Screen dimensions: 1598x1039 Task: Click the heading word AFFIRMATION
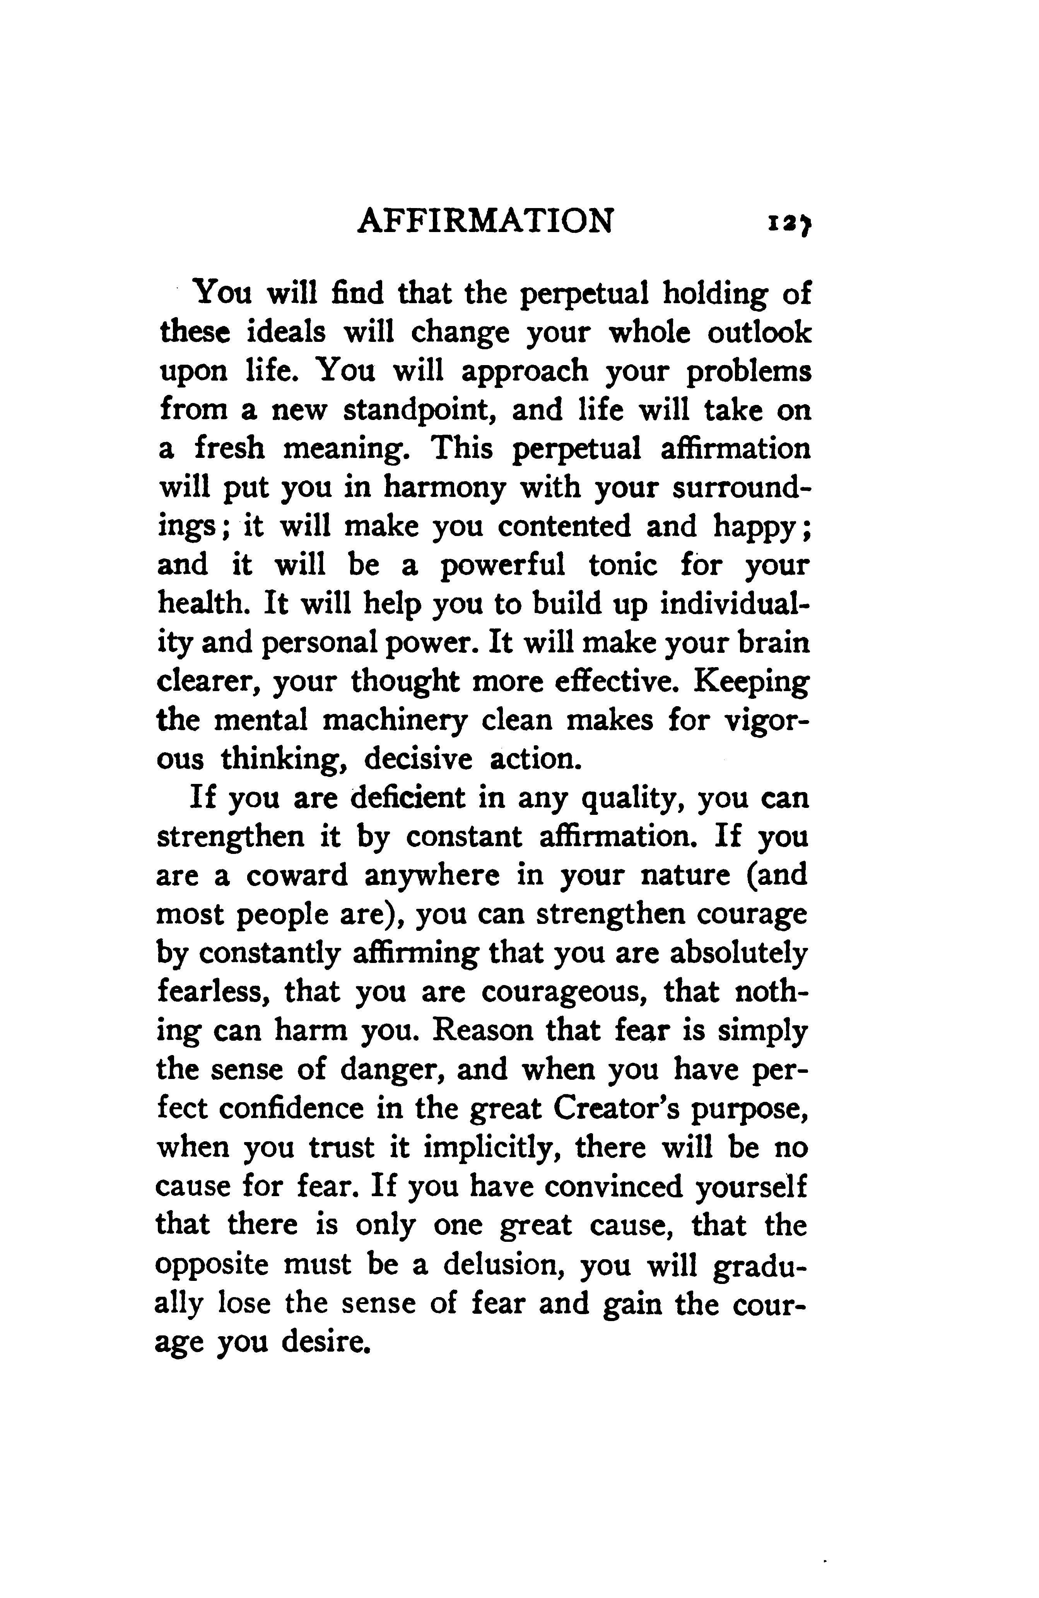pos(485,221)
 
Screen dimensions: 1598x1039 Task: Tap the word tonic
pos(623,565)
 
